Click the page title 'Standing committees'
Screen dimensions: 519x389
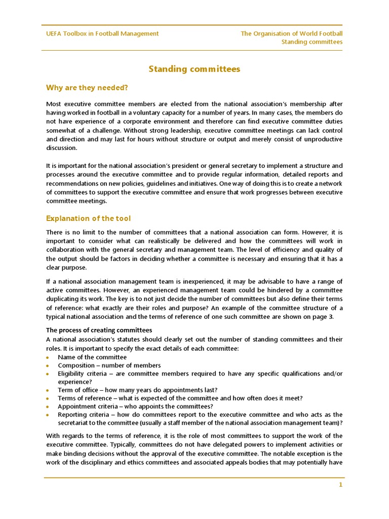tap(194, 69)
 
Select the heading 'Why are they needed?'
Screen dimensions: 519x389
tap(87, 88)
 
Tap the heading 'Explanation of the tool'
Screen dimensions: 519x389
tap(88, 218)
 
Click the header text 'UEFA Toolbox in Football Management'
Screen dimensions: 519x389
tap(102, 33)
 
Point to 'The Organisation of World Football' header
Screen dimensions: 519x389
tap(291, 33)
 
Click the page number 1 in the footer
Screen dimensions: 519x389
tap(341, 485)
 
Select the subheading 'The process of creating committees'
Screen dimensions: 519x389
tap(99, 330)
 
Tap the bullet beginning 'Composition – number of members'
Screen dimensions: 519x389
tap(109, 365)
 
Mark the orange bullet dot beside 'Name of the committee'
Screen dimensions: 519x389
tap(48, 357)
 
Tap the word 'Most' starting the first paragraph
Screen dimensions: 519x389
tap(53, 103)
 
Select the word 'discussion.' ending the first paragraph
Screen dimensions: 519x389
tap(62, 148)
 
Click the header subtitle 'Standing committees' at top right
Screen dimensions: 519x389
tap(312, 42)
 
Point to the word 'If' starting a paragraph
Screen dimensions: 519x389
tap(48, 281)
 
